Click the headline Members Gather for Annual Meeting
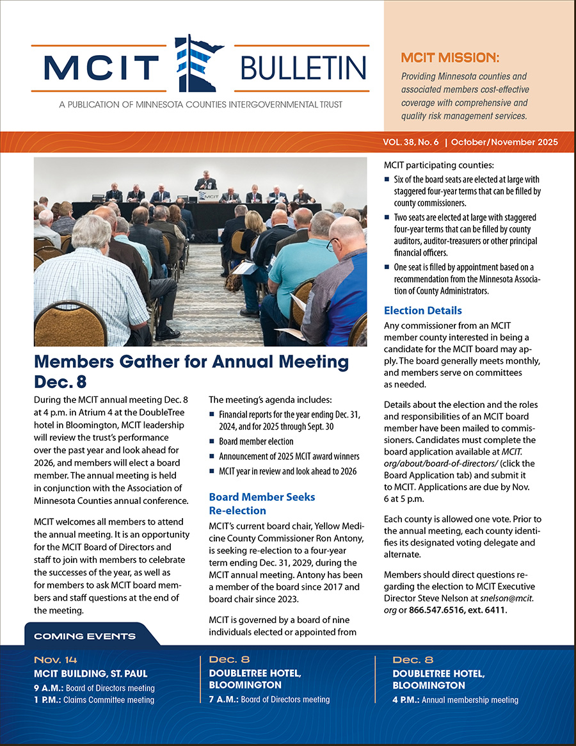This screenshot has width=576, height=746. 191,362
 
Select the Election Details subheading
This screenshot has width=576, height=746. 422,311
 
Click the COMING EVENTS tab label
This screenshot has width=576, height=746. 84,636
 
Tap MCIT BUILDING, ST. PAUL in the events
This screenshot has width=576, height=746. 90,673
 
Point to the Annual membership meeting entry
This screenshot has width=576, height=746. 455,700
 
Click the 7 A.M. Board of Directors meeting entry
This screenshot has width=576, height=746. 269,699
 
